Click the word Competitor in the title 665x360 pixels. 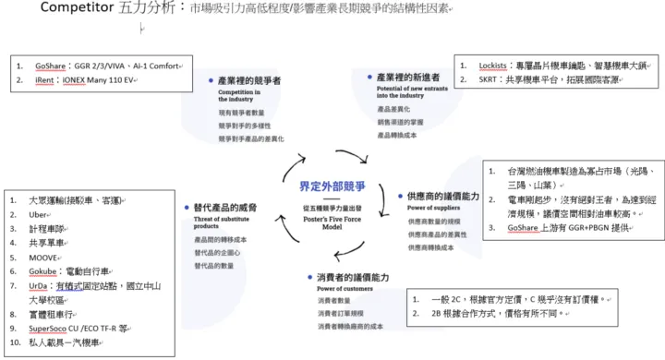(x=76, y=8)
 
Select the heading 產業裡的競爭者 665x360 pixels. (x=249, y=81)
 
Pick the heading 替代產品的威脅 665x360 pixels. (x=220, y=209)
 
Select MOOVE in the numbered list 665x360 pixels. (x=45, y=258)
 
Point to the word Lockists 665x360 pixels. (x=492, y=66)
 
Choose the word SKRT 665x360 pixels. (x=490, y=80)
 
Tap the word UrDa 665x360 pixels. (x=41, y=287)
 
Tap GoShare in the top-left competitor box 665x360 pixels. (x=52, y=67)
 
